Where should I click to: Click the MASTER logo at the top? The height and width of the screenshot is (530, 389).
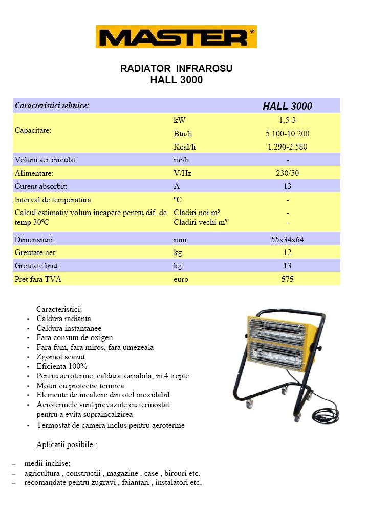[x=176, y=37]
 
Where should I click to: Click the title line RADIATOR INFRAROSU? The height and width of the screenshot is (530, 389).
[x=176, y=68]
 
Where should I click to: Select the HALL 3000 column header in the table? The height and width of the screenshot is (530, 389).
[x=287, y=106]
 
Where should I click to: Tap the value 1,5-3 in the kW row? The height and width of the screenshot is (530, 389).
[x=287, y=120]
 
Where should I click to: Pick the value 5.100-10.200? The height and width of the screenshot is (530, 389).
[x=287, y=134]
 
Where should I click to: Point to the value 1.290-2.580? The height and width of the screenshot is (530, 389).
[x=287, y=147]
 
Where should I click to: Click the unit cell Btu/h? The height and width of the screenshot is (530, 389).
[x=183, y=134]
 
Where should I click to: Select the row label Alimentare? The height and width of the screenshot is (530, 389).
[x=34, y=173]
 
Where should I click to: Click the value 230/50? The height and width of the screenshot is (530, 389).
[x=287, y=173]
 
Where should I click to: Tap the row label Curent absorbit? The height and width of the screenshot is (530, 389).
[x=41, y=186]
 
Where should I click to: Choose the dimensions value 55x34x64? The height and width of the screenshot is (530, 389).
[x=287, y=239]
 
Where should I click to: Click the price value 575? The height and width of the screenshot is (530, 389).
[x=287, y=279]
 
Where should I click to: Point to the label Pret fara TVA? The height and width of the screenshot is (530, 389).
[x=38, y=279]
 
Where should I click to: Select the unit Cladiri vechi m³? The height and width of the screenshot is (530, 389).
[x=200, y=222]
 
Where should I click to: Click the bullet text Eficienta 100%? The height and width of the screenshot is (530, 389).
[x=62, y=366]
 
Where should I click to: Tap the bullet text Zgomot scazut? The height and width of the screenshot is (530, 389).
[x=61, y=357]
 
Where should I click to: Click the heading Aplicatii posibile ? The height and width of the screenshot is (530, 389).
[x=67, y=444]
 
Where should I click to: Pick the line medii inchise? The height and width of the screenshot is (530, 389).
[x=47, y=463]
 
